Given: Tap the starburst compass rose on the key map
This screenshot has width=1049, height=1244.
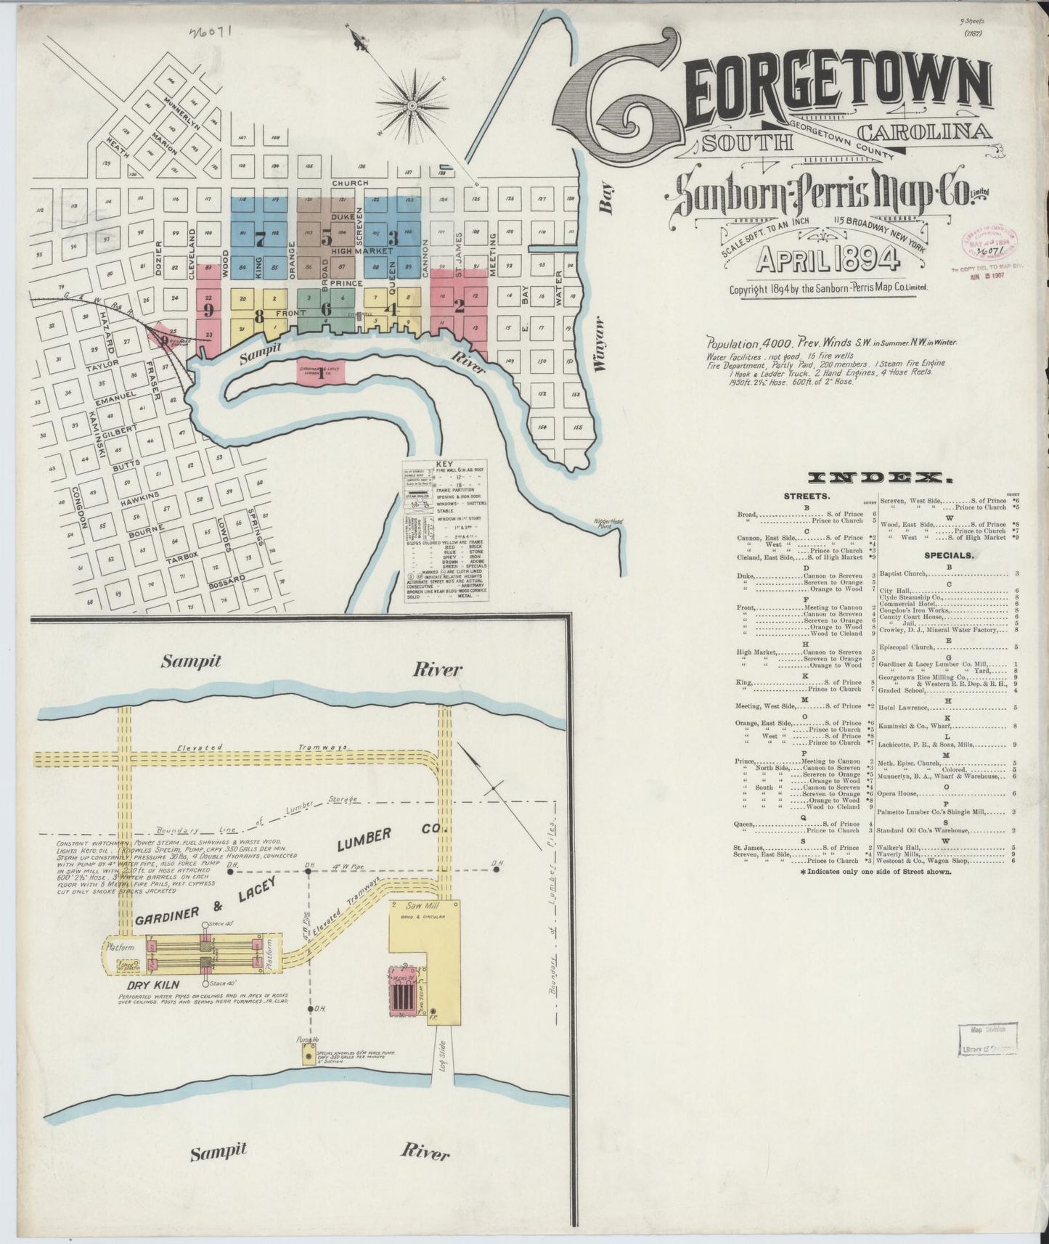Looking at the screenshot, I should coord(412,107).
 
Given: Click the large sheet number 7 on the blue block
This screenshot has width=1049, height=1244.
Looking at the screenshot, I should coord(259,234).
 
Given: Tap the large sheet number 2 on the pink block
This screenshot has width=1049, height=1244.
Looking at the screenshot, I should coord(458,306).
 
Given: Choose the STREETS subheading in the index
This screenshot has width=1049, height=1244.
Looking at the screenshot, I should coord(807,496).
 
